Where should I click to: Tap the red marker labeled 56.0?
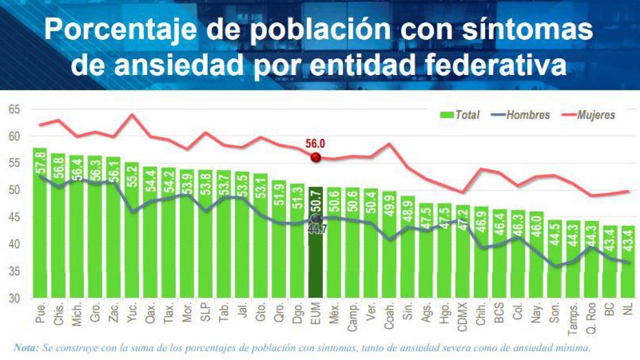point(316,157)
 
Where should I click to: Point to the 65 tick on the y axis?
point(14,109)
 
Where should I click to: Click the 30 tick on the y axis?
point(14,298)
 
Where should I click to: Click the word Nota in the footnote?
point(26,348)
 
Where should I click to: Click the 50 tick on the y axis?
point(14,191)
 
